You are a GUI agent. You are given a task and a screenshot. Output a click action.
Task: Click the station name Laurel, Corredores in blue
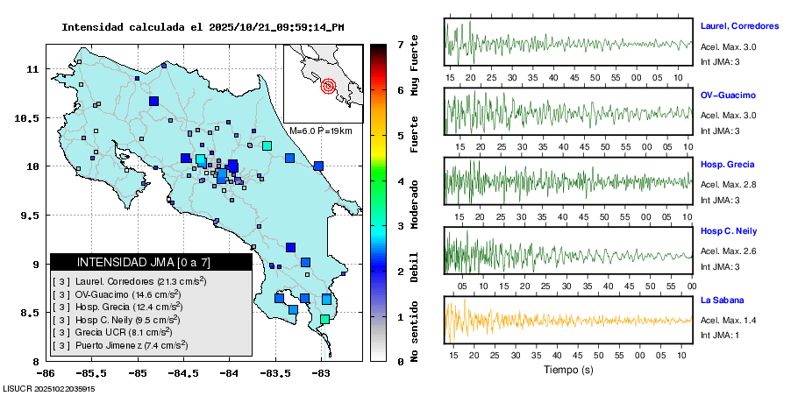coord(739,25)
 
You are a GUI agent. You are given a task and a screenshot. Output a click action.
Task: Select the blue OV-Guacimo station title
coord(728,95)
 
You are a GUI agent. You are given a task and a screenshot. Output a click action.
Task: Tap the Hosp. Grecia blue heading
coord(727,164)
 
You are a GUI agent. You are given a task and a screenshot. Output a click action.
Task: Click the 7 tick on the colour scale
coord(400,43)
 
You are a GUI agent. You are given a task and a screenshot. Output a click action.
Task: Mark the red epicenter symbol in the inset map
coord(329,86)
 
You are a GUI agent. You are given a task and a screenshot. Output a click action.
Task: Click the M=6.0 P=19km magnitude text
coord(320,131)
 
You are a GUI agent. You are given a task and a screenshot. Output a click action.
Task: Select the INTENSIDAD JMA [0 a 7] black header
coord(151,262)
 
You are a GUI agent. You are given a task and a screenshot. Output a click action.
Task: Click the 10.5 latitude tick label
coord(30,117)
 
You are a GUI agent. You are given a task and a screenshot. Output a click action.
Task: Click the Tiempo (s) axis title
coord(567,370)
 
